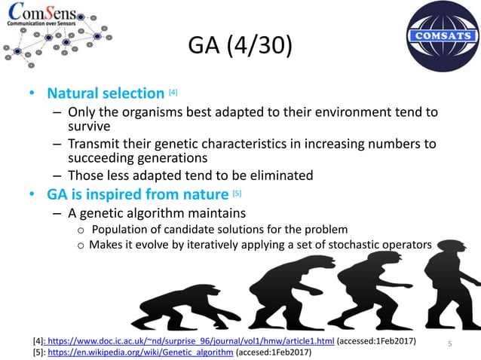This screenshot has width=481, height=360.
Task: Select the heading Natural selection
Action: pos(106,95)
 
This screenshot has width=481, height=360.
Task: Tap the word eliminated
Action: pos(267,175)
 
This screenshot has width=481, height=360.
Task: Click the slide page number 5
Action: pos(449,344)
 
